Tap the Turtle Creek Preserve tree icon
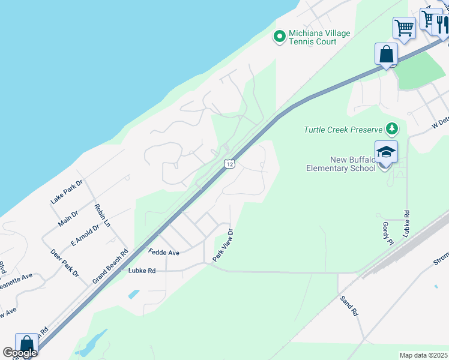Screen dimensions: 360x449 (x=392, y=128)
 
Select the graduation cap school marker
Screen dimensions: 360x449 (x=386, y=152)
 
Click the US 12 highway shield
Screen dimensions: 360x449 (x=229, y=163)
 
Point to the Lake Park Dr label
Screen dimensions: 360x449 (x=66, y=192)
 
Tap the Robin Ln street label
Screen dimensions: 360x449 (x=103, y=215)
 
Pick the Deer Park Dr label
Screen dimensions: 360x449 (x=65, y=263)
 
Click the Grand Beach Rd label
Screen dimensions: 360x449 (x=110, y=267)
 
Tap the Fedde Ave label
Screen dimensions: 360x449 (x=164, y=253)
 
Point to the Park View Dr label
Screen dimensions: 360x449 (x=222, y=245)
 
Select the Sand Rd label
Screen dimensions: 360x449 (x=349, y=305)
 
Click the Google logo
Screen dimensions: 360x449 (x=19, y=353)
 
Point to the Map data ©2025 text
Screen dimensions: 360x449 (x=424, y=355)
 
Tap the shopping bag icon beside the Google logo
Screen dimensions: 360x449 (x=26, y=344)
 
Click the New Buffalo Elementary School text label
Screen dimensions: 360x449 (x=352, y=164)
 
